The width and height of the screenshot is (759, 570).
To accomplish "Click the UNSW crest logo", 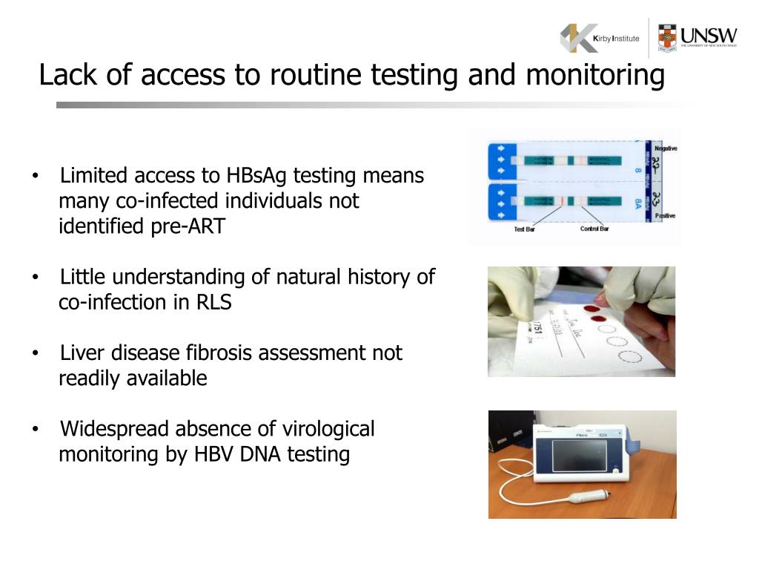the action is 667,38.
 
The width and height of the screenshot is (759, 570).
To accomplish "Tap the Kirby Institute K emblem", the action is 578,38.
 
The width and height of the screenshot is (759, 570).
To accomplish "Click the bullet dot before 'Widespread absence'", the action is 36,430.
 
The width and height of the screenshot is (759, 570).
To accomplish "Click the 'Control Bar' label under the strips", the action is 594,229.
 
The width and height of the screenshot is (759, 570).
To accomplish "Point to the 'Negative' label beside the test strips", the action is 665,148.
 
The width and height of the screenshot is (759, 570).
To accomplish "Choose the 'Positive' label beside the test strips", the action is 665,215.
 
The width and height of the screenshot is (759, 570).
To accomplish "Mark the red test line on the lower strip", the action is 563,201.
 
